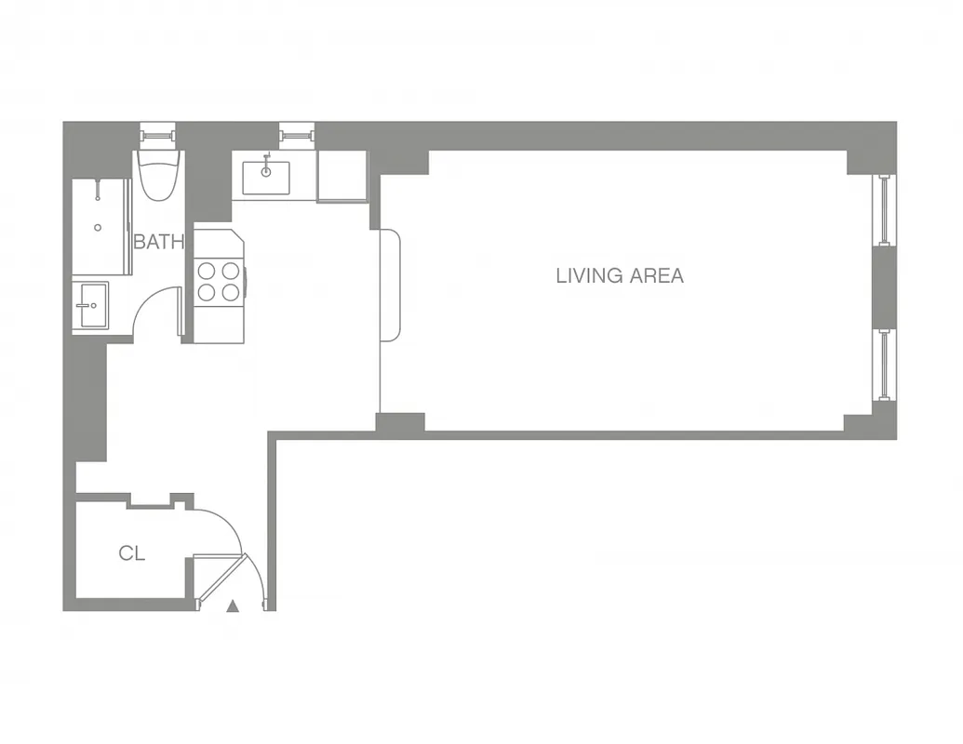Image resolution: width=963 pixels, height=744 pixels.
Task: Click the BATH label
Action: [158, 243]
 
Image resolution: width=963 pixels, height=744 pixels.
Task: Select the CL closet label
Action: [131, 553]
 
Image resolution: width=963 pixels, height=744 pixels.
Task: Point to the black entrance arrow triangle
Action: [233, 606]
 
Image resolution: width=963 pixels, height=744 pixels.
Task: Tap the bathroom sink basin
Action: [91, 305]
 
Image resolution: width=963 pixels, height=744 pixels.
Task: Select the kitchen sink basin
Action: [265, 174]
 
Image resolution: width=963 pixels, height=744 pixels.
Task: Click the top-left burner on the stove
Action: [207, 271]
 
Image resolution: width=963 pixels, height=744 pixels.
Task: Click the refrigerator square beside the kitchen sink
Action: [342, 176]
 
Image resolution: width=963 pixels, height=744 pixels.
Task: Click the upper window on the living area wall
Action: [885, 209]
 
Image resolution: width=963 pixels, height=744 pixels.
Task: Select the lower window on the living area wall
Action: [885, 365]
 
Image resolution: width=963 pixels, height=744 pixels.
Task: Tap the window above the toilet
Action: [158, 136]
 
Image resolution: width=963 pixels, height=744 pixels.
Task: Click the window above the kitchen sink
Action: [297, 136]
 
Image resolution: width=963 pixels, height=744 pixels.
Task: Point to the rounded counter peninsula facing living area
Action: [390, 286]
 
